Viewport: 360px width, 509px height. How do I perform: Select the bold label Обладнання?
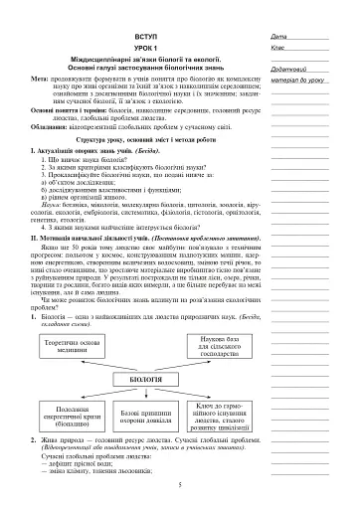(x=51, y=127)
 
